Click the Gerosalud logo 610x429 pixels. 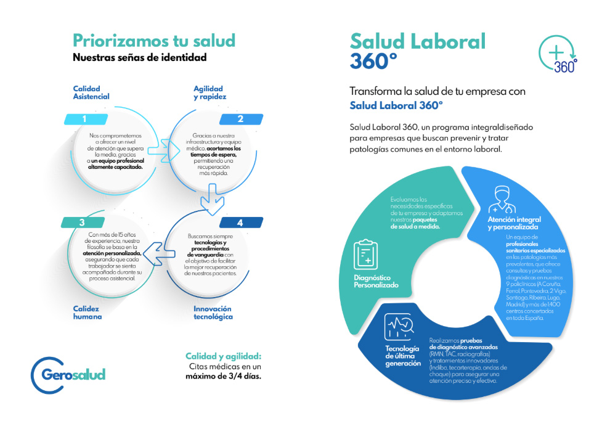click(x=68, y=373)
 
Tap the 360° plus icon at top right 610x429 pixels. click(x=558, y=54)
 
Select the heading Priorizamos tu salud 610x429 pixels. click(x=154, y=41)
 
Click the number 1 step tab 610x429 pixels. click(x=84, y=119)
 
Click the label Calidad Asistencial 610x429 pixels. click(x=91, y=92)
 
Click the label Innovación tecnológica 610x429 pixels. click(x=213, y=313)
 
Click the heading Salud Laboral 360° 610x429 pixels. click(x=418, y=51)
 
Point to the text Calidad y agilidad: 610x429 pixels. click(x=223, y=356)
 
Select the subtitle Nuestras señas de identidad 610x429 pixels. click(x=139, y=58)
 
